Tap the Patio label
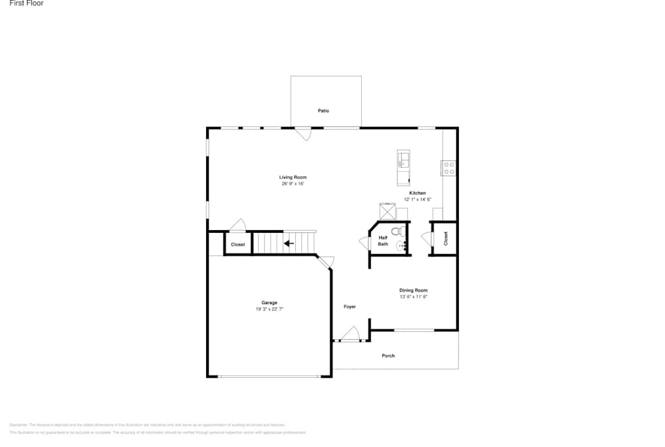[x=323, y=110]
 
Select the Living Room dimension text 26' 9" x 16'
[x=293, y=184]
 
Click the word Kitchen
[x=417, y=193]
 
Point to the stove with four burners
[x=449, y=168]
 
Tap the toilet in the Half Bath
[x=397, y=232]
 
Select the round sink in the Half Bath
[x=402, y=247]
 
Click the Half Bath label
[x=383, y=241]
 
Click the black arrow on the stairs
[x=289, y=243]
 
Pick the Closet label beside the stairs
[x=237, y=245]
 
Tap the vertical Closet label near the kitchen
[x=446, y=237]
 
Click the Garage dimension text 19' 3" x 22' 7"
[x=269, y=309]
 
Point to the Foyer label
[x=350, y=307]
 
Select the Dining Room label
[x=413, y=290]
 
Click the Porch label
[x=388, y=356]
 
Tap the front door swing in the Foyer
[x=350, y=334]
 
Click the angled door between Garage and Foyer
[x=325, y=262]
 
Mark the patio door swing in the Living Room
[x=303, y=134]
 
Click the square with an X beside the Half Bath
[x=387, y=211]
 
